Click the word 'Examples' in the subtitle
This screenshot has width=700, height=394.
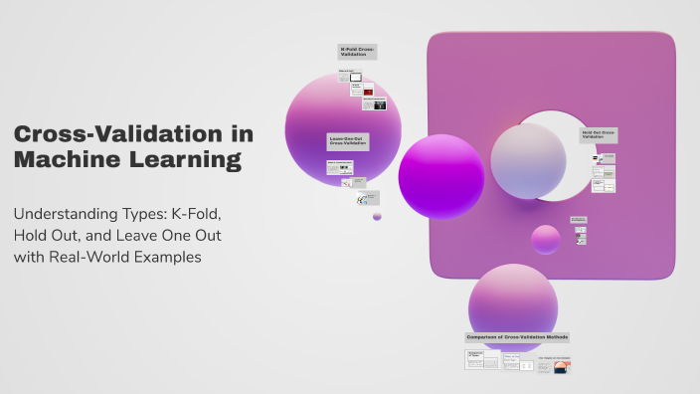(173, 256)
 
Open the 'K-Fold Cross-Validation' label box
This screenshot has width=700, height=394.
(357, 52)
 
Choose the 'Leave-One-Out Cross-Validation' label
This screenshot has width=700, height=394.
(347, 142)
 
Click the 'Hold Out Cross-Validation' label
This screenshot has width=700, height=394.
(599, 134)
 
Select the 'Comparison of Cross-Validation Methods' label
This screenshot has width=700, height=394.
(517, 337)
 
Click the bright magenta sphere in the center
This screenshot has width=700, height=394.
(440, 176)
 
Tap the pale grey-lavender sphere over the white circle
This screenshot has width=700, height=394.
(528, 160)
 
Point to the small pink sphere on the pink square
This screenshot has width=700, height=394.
(545, 240)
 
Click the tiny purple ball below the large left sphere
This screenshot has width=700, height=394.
(377, 216)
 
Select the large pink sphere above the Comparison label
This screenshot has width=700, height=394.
(513, 299)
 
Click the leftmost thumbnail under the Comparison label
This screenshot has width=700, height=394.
(481, 361)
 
